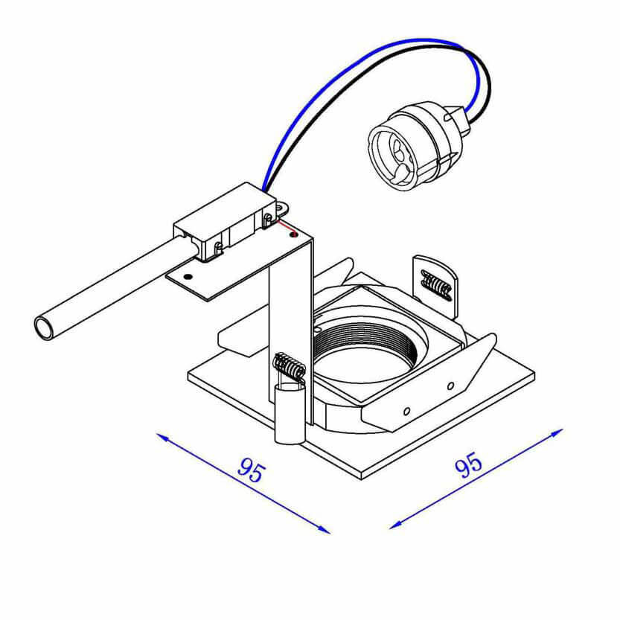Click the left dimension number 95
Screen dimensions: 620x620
252,470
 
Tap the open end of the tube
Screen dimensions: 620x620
44,327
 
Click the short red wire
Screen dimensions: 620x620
287,228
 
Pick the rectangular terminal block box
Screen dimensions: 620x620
225,222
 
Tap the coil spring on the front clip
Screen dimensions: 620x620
290,365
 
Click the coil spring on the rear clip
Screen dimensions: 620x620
436,284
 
